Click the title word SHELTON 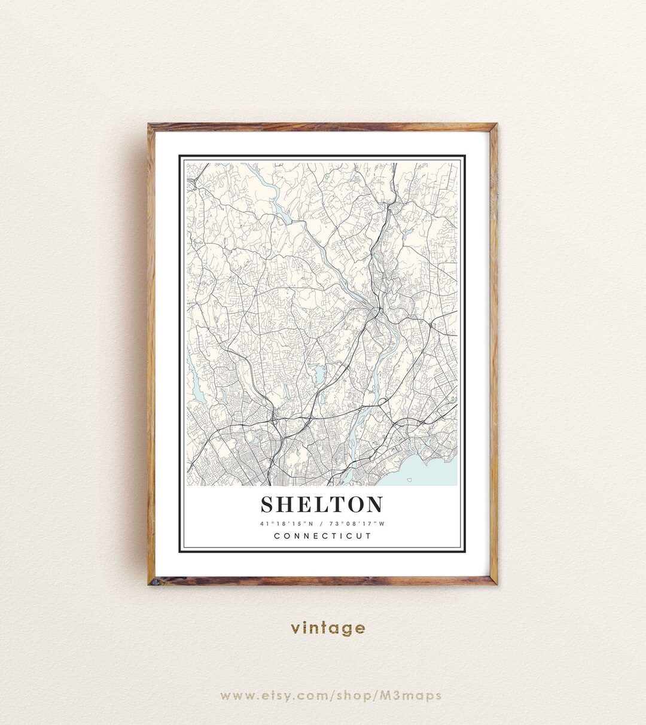pyautogui.click(x=322, y=505)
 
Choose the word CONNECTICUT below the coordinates pyautogui.click(x=322, y=536)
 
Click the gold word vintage pyautogui.click(x=328, y=628)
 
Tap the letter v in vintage pyautogui.click(x=295, y=629)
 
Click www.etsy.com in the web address pyautogui.click(x=275, y=695)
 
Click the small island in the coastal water pyautogui.click(x=409, y=479)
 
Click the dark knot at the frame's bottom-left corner pyautogui.click(x=154, y=580)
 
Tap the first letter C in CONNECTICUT pyautogui.click(x=277, y=536)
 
